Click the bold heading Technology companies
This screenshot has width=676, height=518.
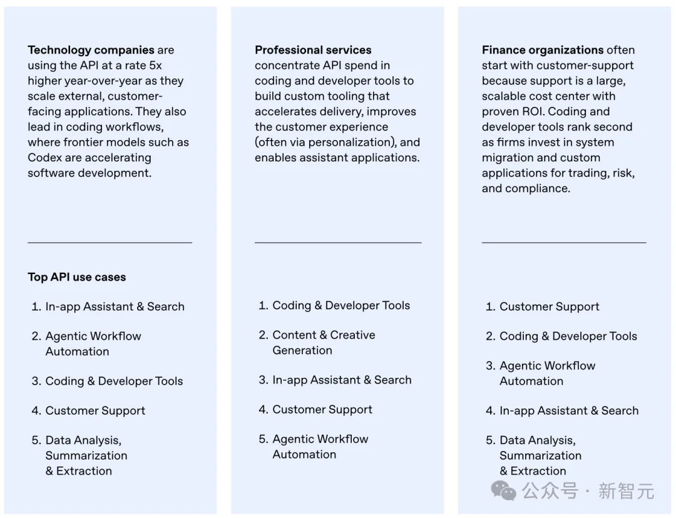(91, 50)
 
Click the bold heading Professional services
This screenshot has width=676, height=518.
(313, 50)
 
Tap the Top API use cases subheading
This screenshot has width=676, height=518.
(76, 277)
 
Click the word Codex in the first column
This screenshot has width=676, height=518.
(44, 158)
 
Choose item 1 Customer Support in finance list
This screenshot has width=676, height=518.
(549, 307)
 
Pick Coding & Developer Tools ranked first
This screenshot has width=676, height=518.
(341, 305)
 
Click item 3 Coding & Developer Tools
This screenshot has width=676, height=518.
(114, 381)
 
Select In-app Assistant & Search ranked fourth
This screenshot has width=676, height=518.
(568, 410)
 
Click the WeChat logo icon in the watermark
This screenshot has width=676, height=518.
(503, 491)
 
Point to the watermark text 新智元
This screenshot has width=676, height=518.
(626, 491)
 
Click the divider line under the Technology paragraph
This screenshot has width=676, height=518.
(110, 242)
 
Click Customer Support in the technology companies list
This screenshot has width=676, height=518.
(95, 410)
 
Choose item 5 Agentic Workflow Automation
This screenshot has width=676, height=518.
(320, 447)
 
